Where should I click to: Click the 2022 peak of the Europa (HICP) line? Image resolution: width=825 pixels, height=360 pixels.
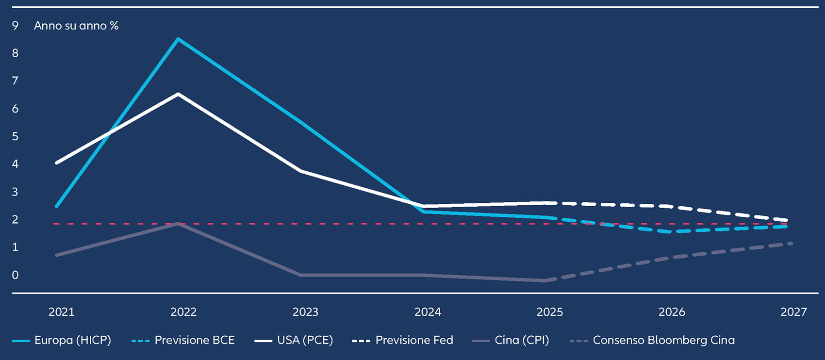point(178,39)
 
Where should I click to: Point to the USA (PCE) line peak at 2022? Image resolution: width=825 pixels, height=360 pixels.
point(178,94)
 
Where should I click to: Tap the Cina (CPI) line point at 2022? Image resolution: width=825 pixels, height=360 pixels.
point(178,223)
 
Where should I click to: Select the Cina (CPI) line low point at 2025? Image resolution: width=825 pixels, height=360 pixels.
point(545,280)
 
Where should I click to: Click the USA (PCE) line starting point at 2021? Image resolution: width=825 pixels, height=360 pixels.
point(57,163)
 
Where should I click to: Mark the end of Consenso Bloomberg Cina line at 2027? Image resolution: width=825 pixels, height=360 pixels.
point(792,243)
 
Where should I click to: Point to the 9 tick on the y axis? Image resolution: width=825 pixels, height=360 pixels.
point(15,25)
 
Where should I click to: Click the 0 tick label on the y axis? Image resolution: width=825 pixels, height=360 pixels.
point(15,275)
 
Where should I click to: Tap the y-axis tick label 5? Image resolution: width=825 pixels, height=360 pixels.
point(15,136)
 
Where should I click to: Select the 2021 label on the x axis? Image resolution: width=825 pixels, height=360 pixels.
point(62,312)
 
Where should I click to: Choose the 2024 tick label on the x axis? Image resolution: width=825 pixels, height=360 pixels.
point(428,312)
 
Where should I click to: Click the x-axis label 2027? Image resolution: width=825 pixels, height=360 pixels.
point(793,312)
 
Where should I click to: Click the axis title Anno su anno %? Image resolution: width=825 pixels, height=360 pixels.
point(76,26)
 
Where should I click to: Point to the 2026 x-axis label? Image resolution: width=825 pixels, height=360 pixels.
point(672,312)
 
